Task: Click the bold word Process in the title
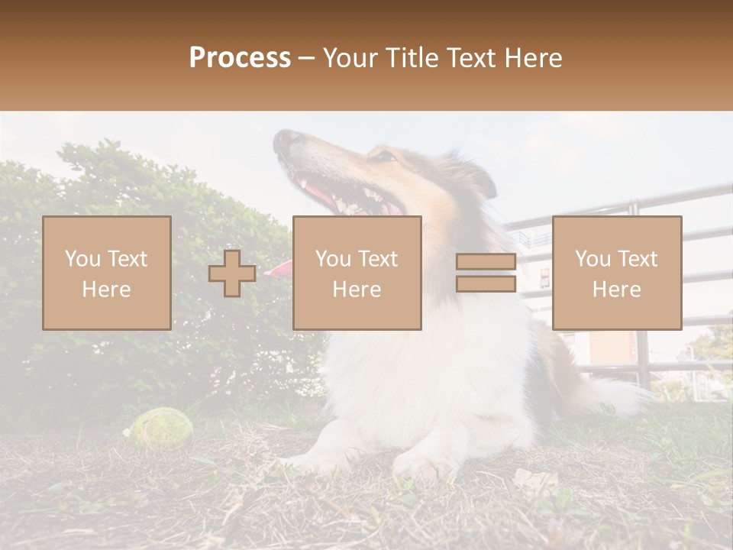pos(240,58)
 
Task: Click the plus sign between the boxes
pos(232,273)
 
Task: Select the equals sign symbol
pos(486,273)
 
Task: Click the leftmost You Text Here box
pos(107,273)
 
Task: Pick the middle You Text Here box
pos(357,273)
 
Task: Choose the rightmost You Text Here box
pos(617,273)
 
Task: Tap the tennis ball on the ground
pos(161,425)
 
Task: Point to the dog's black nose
pos(287,140)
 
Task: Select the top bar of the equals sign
pos(486,262)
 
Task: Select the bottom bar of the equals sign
pos(486,283)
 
